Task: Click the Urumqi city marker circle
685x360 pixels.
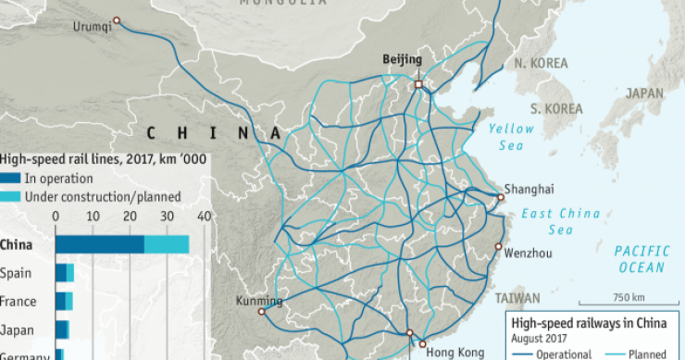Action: point(116,20)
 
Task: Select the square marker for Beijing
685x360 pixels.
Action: point(417,84)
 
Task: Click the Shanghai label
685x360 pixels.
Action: point(531,189)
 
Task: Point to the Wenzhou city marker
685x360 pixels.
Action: point(498,247)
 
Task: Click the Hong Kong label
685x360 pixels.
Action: point(452,352)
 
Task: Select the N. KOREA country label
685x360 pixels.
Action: point(541,63)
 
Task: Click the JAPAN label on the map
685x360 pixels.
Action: point(644,93)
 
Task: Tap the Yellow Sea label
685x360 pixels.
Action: point(512,137)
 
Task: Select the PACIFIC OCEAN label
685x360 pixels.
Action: point(641,259)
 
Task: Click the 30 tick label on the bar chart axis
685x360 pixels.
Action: point(166,217)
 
